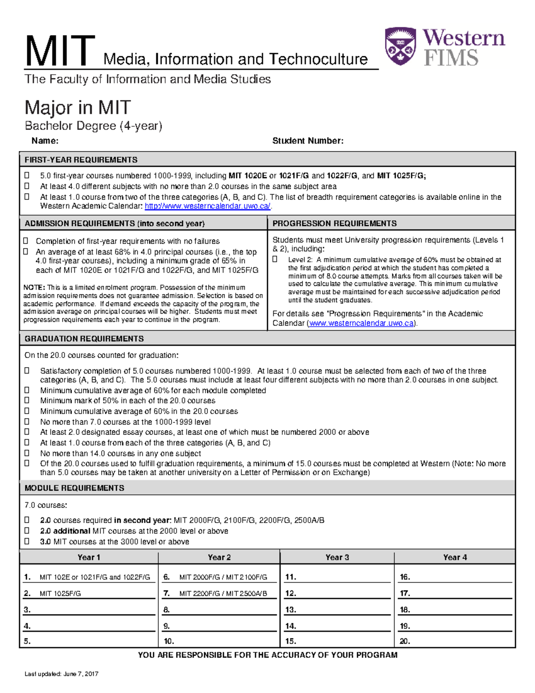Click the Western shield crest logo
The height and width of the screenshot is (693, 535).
point(400,46)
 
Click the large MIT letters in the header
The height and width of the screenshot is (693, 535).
point(60,52)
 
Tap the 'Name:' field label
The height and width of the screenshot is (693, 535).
point(45,141)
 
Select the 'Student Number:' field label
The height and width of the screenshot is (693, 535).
point(308,141)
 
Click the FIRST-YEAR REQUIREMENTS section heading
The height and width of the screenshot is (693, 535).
point(81,160)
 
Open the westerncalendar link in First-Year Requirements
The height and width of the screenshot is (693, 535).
point(207,206)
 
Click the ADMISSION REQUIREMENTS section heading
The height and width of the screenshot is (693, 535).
point(115,224)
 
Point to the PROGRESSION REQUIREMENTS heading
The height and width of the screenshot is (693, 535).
point(334,224)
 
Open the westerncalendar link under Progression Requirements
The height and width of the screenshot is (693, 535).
point(361,323)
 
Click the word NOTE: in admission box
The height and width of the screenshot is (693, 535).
point(34,287)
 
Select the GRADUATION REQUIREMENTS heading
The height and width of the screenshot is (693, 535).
point(84,339)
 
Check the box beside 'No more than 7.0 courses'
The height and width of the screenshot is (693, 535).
point(27,422)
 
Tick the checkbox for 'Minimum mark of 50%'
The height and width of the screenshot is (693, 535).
point(27,401)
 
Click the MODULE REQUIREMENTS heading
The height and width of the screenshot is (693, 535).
point(74,488)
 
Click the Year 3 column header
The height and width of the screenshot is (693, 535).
point(337,557)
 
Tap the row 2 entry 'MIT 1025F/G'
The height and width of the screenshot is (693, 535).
point(60,593)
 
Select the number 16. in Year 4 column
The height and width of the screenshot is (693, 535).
point(405,577)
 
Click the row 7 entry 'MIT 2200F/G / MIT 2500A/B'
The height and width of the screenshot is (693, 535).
point(223,593)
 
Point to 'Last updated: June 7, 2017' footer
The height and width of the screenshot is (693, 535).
point(62,674)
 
